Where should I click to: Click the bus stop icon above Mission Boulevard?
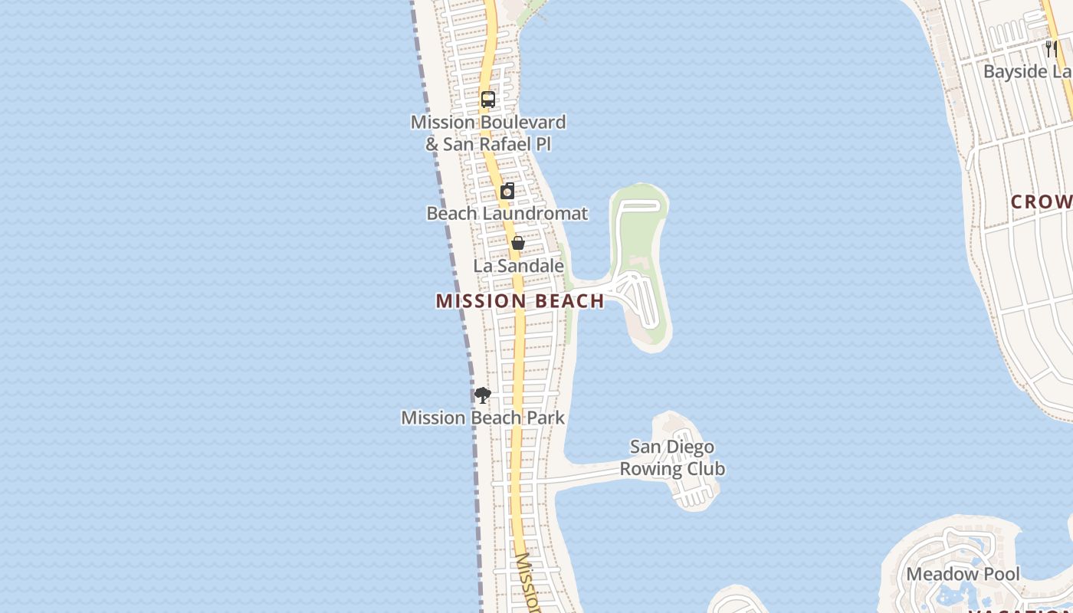point(488,100)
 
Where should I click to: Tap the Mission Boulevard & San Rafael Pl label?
point(488,133)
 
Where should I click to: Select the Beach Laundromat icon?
point(507,191)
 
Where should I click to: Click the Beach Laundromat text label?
point(507,213)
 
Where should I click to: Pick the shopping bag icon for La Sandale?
point(518,244)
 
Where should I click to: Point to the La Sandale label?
point(518,266)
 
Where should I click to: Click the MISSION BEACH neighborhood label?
point(520,301)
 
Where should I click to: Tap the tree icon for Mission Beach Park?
point(482,395)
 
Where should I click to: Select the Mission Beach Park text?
point(483,418)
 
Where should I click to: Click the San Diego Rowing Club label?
point(672,457)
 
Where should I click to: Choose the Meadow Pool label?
point(963,574)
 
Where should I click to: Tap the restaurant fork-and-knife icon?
point(1051,49)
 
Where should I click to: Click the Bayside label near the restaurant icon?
point(1027,71)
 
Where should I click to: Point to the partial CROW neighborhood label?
point(1041,202)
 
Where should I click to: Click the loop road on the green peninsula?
point(639,205)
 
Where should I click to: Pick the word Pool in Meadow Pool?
point(1002,574)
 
